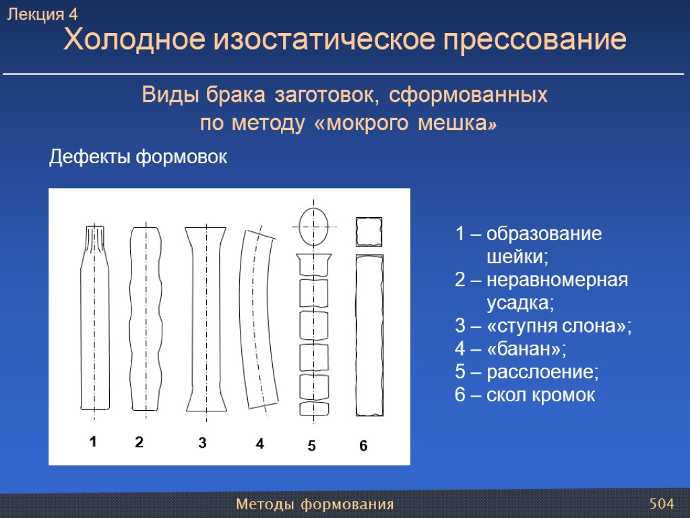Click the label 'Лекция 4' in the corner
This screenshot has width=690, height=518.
coord(42,14)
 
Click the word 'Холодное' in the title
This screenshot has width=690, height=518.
coord(133,40)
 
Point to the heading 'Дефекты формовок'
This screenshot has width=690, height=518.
coord(138,157)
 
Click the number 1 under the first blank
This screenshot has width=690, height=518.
coord(94,442)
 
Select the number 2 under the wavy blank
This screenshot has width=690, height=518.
coord(139,442)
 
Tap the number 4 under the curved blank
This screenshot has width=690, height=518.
coord(259,444)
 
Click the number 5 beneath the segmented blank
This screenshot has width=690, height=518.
coord(311,446)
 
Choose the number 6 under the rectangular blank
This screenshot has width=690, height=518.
coord(363,446)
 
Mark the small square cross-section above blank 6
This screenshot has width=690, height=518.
coord(369,232)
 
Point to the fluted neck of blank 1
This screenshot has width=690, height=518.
coord(94,239)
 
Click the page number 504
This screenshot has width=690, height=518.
coord(661,504)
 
